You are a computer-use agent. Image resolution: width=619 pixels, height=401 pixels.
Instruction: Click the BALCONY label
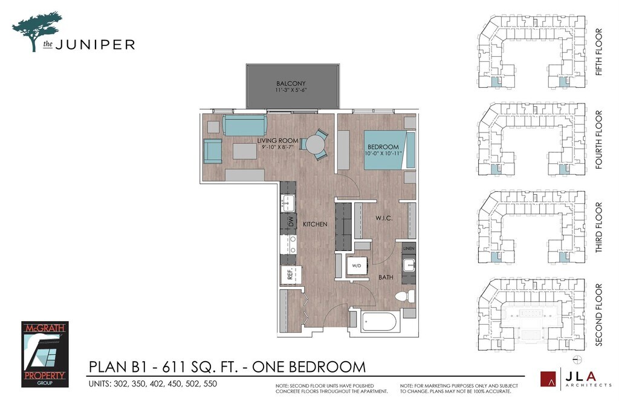coord(291,83)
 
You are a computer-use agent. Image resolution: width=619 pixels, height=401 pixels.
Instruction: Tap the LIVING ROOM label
coord(277,141)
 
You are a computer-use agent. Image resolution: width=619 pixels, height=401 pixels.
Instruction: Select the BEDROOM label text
coord(383,147)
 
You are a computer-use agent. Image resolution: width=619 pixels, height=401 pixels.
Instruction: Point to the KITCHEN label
coord(315,224)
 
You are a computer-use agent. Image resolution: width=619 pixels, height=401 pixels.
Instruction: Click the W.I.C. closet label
coord(384,218)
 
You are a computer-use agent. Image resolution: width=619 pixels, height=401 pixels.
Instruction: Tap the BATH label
coord(386,278)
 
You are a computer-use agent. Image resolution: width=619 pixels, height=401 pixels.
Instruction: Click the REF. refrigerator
coord(291,275)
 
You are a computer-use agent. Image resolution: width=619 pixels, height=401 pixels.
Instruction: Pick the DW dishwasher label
coord(291,221)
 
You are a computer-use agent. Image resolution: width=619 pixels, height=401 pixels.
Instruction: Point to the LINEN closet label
coord(409,249)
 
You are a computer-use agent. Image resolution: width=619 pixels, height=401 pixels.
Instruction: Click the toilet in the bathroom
coord(405,296)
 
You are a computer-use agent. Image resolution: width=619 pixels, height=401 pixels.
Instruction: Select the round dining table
coord(315,145)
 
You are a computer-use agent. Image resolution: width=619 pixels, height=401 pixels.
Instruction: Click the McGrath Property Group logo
coord(45,354)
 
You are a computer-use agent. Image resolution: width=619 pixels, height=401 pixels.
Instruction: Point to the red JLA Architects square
coord(548,379)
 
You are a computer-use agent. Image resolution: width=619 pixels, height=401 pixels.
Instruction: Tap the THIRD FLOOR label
coord(599,227)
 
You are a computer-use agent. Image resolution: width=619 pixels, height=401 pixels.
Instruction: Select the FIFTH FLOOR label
coord(599,52)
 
